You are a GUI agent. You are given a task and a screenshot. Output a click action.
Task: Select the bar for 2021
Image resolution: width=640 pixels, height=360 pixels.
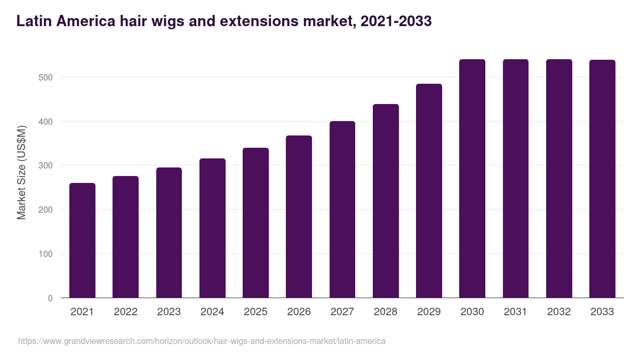point(82,241)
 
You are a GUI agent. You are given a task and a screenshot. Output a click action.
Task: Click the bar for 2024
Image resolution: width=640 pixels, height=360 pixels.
point(212,228)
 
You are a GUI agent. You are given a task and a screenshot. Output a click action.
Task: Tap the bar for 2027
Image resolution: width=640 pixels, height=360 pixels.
point(342,210)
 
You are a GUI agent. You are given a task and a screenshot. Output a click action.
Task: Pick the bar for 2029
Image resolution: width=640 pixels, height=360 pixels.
point(429,191)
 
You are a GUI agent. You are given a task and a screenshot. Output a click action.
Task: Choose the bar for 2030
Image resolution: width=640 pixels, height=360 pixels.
point(473,179)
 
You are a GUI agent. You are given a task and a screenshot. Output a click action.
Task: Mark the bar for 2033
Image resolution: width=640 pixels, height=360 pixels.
point(602,179)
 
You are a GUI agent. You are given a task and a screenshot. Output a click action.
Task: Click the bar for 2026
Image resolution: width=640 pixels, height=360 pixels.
point(299,217)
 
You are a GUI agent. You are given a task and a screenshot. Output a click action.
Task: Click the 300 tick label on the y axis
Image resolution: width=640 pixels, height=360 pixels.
point(46,166)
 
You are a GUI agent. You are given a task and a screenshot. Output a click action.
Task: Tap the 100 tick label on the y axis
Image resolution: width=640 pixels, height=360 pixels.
point(46,254)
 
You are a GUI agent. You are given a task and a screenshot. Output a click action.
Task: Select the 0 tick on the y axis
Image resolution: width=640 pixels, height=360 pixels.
point(50,298)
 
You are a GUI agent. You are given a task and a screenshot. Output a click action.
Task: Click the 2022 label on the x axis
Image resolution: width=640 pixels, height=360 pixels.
point(125,312)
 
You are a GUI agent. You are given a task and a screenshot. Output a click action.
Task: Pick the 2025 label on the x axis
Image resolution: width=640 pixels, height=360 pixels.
point(255,312)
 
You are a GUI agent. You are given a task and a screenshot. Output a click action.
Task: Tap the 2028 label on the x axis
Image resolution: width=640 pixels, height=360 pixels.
point(386,312)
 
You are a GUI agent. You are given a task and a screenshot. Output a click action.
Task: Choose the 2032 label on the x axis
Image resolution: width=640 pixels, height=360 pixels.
point(559,312)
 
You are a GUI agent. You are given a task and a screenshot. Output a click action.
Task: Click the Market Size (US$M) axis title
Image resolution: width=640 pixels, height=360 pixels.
point(21,172)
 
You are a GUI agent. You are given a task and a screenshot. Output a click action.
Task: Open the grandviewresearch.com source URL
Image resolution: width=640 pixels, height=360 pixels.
point(202,341)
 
